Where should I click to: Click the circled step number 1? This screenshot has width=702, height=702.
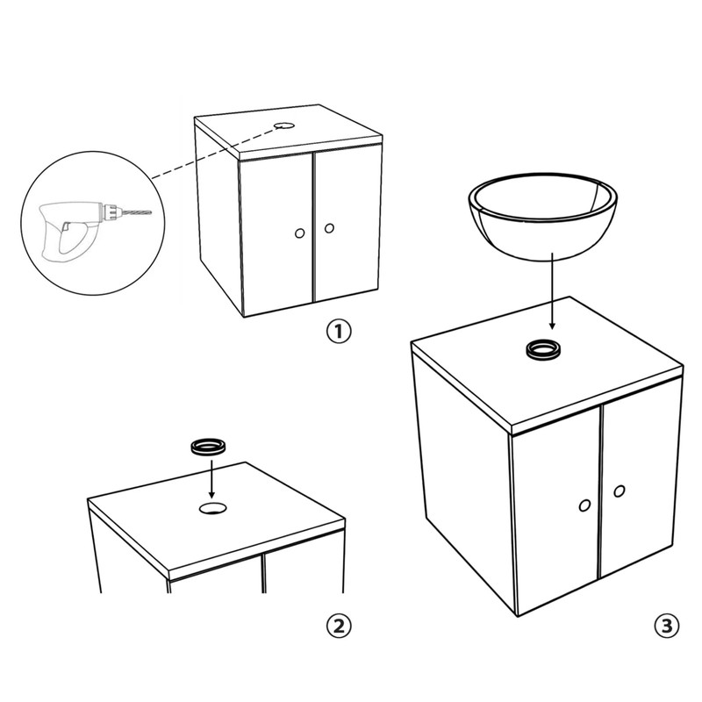tap(339, 332)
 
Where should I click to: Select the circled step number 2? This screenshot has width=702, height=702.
tap(339, 626)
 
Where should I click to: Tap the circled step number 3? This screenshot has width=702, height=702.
tap(667, 626)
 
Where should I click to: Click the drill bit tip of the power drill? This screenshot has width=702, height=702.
tap(151, 212)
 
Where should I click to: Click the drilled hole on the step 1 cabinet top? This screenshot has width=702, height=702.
tap(283, 125)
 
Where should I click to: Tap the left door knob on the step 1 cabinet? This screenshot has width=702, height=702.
tap(299, 233)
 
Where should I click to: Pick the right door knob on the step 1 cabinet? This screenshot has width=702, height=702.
tap(329, 228)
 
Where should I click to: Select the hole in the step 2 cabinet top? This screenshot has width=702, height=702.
tap(212, 508)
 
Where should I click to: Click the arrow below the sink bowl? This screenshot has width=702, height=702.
tap(552, 291)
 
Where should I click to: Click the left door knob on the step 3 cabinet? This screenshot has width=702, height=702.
tap(584, 506)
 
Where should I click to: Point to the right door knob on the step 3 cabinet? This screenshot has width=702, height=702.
tap(620, 491)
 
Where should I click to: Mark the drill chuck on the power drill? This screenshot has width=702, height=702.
tap(112, 211)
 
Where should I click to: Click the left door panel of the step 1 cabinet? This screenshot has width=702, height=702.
tap(276, 233)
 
